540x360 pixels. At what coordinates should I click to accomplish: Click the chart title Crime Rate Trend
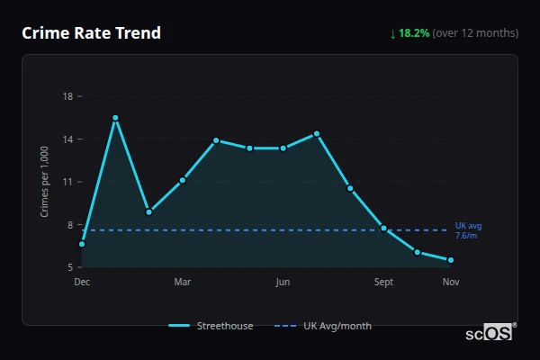[x=91, y=33]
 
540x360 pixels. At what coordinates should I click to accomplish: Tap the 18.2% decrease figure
[x=415, y=33]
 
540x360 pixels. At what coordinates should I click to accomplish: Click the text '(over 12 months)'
[x=475, y=33]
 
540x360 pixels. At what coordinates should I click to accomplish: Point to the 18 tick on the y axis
[x=67, y=96]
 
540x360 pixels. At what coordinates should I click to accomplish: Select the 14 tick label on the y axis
[x=67, y=139]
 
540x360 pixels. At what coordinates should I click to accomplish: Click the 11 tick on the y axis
[x=67, y=182]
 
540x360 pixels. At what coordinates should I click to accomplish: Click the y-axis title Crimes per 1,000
[x=45, y=182]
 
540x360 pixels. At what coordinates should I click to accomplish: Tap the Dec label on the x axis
[x=82, y=283]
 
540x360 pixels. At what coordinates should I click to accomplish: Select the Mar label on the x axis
[x=183, y=283]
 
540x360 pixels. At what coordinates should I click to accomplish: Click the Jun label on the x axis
[x=283, y=283]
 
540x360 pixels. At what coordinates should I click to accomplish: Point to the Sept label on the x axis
[x=384, y=283]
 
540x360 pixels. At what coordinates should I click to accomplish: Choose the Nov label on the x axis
[x=451, y=283]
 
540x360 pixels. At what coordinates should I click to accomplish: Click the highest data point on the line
[x=115, y=118]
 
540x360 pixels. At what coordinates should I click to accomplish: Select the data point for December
[x=82, y=244]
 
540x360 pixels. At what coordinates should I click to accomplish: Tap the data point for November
[x=451, y=260]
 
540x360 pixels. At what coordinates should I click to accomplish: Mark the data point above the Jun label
[x=283, y=148]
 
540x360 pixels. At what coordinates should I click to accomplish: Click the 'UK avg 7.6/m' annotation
[x=467, y=230]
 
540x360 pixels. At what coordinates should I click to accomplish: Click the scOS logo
[x=490, y=333]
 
